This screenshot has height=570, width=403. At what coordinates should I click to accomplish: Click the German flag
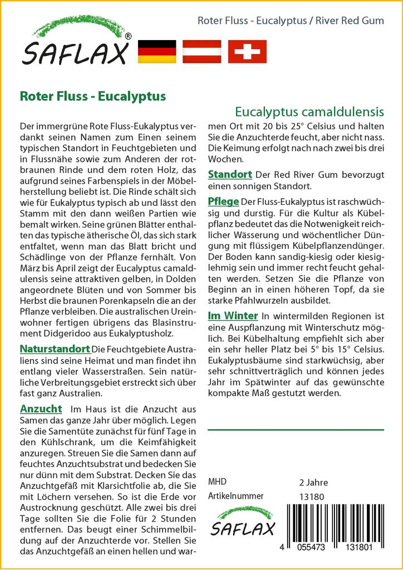click(156, 51)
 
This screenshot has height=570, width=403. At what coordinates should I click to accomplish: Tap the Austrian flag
click(202, 51)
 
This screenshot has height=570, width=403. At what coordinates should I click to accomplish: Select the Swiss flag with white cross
click(247, 51)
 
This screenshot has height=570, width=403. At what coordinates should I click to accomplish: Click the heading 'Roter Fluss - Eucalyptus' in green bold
click(93, 96)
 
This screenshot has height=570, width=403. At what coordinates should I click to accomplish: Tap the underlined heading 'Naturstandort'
click(55, 350)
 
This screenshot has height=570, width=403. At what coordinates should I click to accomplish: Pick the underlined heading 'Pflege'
click(223, 202)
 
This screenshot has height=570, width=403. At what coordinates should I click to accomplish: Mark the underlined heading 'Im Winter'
click(233, 316)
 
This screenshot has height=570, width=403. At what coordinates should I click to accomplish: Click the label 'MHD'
click(217, 482)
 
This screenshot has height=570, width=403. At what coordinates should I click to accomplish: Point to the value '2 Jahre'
click(313, 483)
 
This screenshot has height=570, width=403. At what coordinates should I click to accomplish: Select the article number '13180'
click(311, 497)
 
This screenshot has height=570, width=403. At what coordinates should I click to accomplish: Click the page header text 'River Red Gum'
click(350, 21)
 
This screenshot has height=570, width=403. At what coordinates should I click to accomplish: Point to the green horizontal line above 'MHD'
click(296, 430)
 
